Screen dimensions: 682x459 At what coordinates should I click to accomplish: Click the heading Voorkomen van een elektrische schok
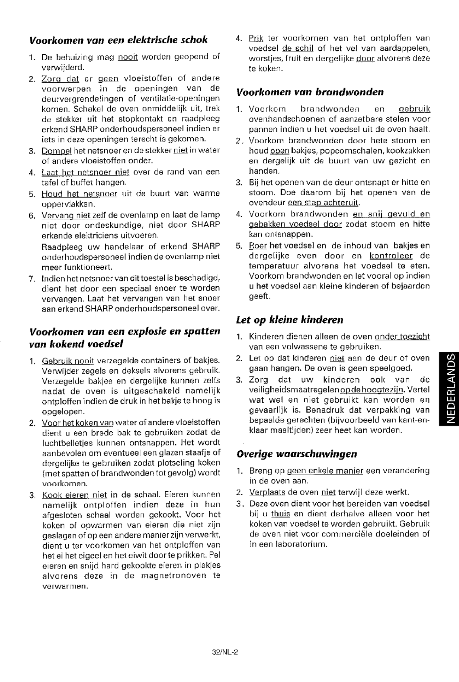(x=118, y=40)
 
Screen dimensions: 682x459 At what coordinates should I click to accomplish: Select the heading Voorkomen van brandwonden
(x=310, y=92)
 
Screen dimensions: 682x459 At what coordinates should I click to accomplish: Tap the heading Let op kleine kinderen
(x=289, y=320)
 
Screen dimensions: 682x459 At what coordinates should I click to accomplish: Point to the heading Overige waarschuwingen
(x=297, y=454)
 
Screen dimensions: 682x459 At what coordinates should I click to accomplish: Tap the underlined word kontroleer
(x=391, y=256)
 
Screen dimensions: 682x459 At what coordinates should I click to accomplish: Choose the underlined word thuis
(x=281, y=514)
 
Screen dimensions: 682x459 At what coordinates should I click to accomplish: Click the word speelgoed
(x=392, y=368)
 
